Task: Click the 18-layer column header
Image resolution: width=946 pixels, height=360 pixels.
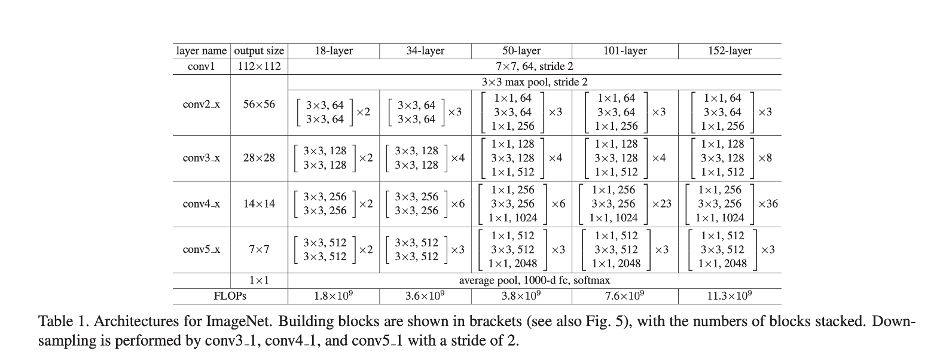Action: tap(334, 51)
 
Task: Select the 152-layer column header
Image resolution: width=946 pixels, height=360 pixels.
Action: tap(730, 51)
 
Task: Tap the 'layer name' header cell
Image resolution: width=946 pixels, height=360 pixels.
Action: tap(202, 51)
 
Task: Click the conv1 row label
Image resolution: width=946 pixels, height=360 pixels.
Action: tap(201, 66)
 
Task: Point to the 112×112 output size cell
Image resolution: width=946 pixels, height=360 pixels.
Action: tap(259, 66)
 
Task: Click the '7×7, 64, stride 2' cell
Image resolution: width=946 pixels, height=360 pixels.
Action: tap(535, 66)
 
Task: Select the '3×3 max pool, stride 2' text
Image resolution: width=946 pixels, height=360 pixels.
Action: tap(535, 82)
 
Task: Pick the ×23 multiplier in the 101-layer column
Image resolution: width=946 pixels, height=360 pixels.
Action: tap(661, 204)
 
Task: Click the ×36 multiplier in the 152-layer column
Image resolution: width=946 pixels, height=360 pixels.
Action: tap(768, 204)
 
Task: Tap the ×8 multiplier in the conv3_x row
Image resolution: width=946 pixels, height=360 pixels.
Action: tap(765, 158)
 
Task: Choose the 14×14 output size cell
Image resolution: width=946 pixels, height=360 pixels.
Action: tap(259, 204)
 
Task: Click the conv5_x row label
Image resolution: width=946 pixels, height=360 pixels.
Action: tap(201, 249)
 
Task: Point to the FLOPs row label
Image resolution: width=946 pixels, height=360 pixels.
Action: tap(230, 296)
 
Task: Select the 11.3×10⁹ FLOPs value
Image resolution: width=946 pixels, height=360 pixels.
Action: tap(730, 296)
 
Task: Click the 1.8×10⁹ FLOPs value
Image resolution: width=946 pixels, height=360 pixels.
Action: tap(334, 296)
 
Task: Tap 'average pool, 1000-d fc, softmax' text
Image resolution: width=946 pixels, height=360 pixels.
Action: tap(535, 280)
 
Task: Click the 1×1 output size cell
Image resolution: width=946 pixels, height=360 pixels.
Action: tap(259, 280)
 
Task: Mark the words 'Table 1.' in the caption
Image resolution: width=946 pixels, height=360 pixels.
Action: tap(63, 322)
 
